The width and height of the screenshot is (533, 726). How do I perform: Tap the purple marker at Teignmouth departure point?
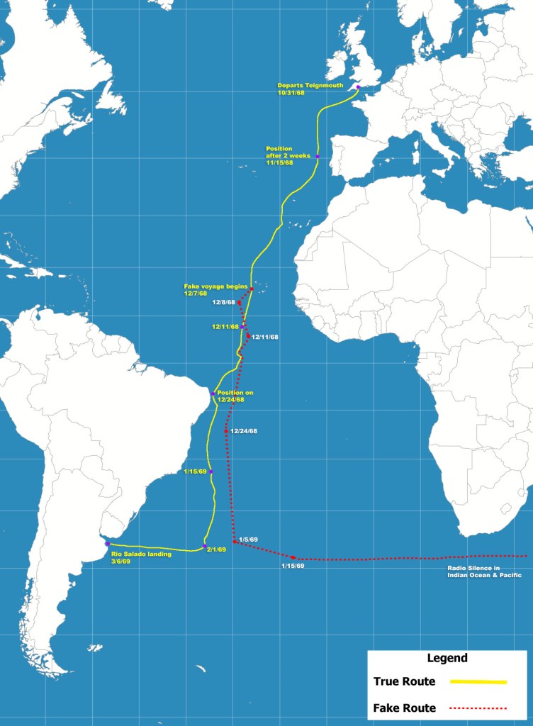[x=358, y=87]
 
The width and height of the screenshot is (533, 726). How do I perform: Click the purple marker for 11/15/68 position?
[x=318, y=156]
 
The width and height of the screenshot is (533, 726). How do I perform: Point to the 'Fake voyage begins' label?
[x=215, y=289]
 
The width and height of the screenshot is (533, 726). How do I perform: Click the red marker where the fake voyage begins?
[x=252, y=289]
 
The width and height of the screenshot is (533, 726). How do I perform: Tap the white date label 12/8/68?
[x=223, y=302]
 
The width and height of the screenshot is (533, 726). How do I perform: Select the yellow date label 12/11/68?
[x=225, y=328]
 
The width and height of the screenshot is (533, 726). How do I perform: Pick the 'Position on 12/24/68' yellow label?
[x=235, y=396]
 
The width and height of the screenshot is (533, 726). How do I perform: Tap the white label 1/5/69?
[x=248, y=540]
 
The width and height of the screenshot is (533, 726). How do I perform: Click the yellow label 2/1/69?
[x=216, y=549]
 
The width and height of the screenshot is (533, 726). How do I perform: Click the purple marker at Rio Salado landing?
[x=107, y=544]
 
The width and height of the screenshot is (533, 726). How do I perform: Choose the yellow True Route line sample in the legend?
[x=478, y=682]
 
